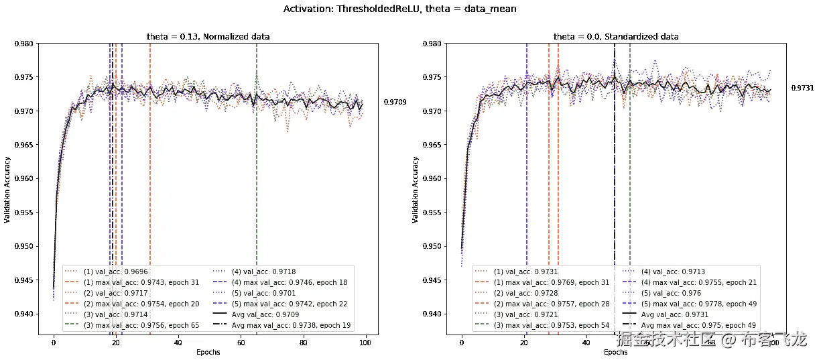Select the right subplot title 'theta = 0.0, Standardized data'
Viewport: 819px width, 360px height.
pyautogui.click(x=616, y=36)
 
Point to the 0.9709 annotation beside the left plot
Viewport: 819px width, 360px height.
pyautogui.click(x=395, y=103)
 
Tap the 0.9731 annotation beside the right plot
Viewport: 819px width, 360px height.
pyautogui.click(x=802, y=88)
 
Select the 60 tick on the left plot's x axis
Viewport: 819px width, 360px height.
pyautogui.click(x=241, y=343)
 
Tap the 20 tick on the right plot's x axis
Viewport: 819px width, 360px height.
pyautogui.click(x=524, y=343)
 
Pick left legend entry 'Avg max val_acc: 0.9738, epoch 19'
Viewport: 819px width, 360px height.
pyautogui.click(x=292, y=325)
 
